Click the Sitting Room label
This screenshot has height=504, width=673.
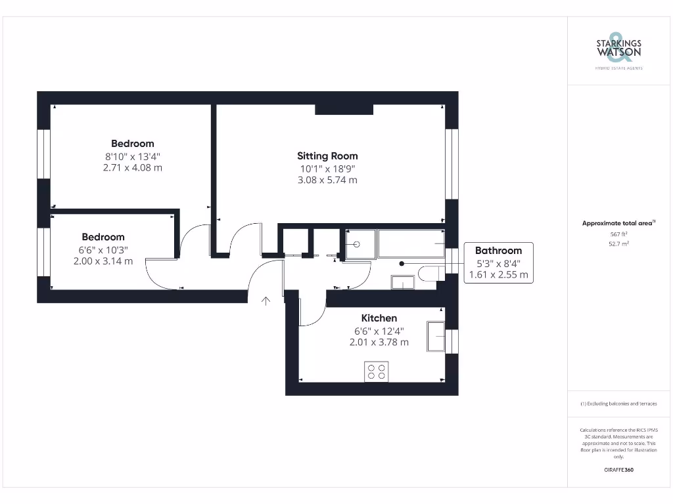(x=327, y=156)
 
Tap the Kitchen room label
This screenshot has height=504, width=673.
(x=379, y=318)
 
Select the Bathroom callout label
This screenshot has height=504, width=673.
(x=498, y=251)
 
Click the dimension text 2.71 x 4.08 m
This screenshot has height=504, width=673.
(x=132, y=168)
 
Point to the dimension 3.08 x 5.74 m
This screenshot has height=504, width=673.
(x=327, y=180)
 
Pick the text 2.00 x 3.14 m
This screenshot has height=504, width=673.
(x=103, y=261)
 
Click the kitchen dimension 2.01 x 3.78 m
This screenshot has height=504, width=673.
(x=379, y=342)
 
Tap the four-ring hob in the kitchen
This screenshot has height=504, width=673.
(x=377, y=371)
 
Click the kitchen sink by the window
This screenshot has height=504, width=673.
(x=436, y=336)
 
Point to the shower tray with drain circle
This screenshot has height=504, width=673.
(x=359, y=244)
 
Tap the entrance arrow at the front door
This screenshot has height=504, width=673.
(x=266, y=301)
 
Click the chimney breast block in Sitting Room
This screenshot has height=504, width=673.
(x=344, y=109)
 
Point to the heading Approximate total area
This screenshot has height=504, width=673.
(x=618, y=223)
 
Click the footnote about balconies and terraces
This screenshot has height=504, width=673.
(x=618, y=404)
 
